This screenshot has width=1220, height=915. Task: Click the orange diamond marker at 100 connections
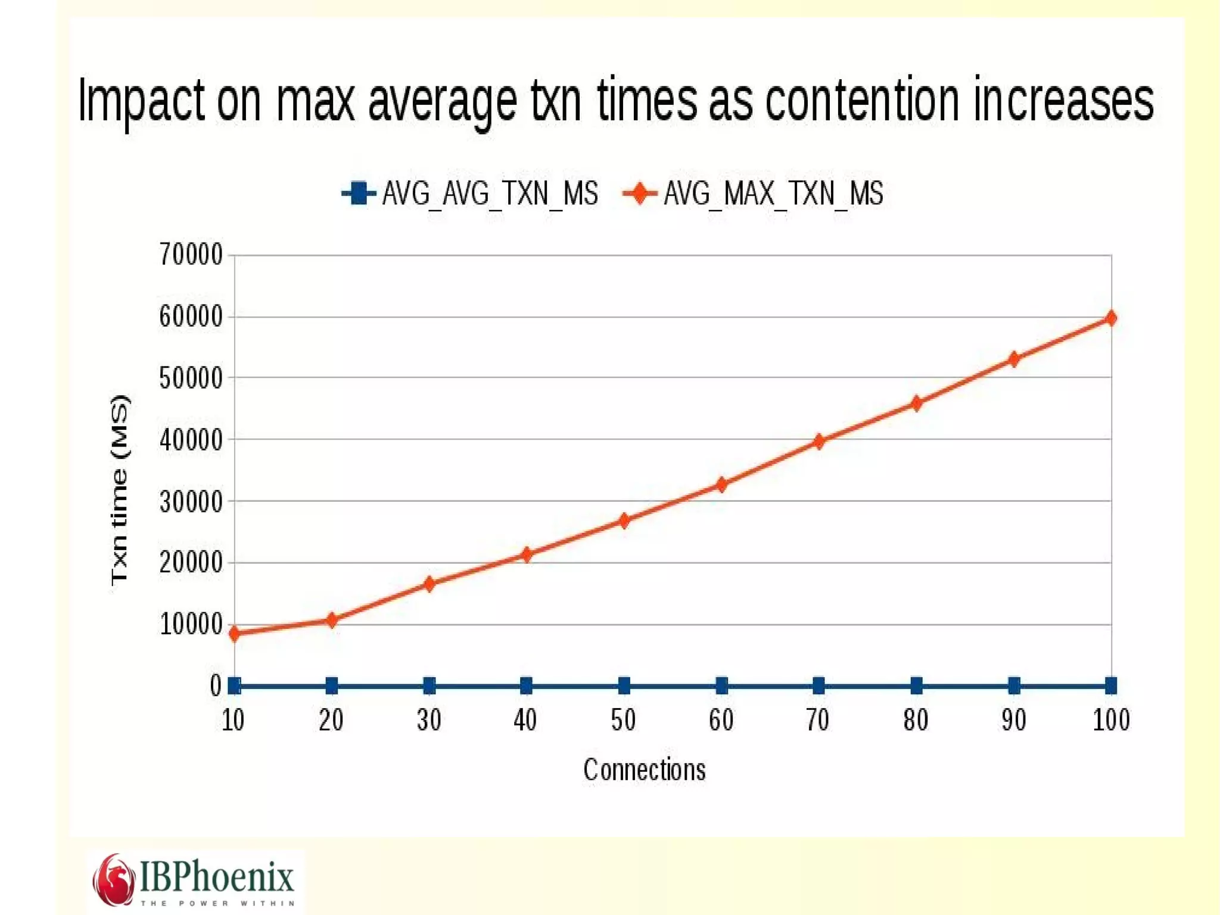click(1111, 318)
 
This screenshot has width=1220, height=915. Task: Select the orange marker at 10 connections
click(235, 633)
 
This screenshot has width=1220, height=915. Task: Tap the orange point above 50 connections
click(624, 520)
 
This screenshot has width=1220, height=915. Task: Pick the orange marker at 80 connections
click(917, 404)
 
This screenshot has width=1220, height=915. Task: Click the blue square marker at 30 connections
click(429, 686)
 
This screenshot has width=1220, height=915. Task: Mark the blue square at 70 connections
click(819, 686)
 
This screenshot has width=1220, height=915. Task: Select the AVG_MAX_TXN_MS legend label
click(773, 194)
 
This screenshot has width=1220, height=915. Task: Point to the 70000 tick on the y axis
click(191, 255)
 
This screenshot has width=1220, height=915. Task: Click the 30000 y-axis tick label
click(191, 502)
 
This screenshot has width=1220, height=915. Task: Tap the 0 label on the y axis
click(216, 686)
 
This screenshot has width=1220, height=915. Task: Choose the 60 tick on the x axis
click(721, 720)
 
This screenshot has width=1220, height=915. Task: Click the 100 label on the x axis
click(1111, 720)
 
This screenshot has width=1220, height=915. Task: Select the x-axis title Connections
click(645, 770)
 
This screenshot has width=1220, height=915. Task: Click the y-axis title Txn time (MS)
click(119, 490)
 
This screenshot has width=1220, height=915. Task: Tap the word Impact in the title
click(141, 101)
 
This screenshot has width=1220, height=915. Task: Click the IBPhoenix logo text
click(217, 877)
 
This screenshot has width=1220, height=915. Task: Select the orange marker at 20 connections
click(332, 620)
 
